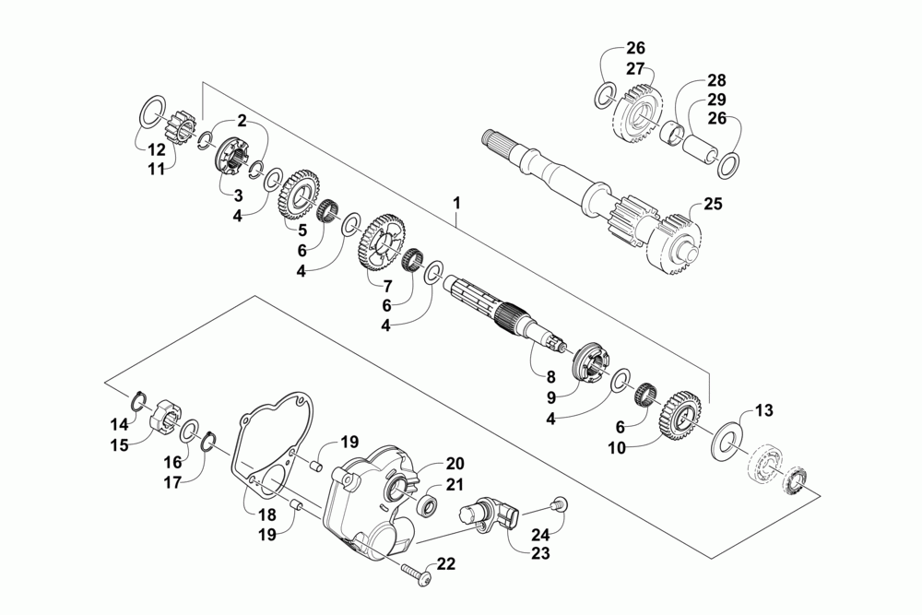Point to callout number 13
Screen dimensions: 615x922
point(764,410)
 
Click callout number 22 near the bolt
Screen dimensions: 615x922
point(445,563)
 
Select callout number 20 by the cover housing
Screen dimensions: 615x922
point(455,463)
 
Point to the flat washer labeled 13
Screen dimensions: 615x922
point(727,437)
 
